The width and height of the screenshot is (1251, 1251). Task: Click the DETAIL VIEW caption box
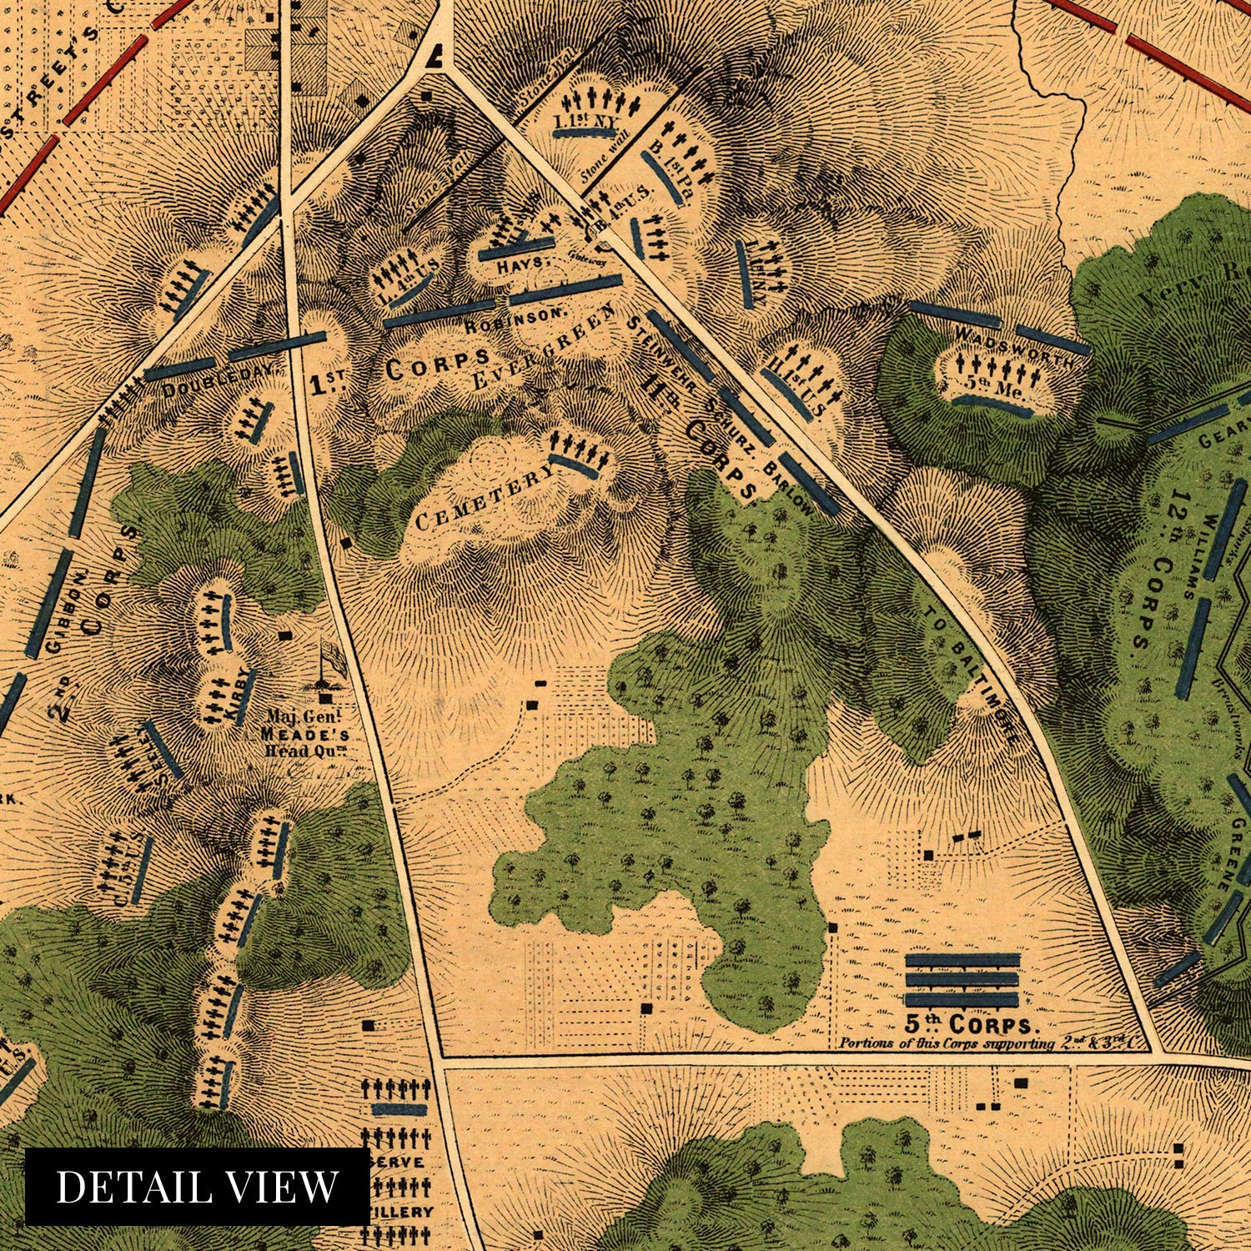click(197, 1186)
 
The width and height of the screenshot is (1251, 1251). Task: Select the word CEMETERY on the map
click(484, 498)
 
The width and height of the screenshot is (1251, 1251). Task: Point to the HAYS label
click(525, 262)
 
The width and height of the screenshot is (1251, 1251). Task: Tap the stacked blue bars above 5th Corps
click(962, 979)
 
